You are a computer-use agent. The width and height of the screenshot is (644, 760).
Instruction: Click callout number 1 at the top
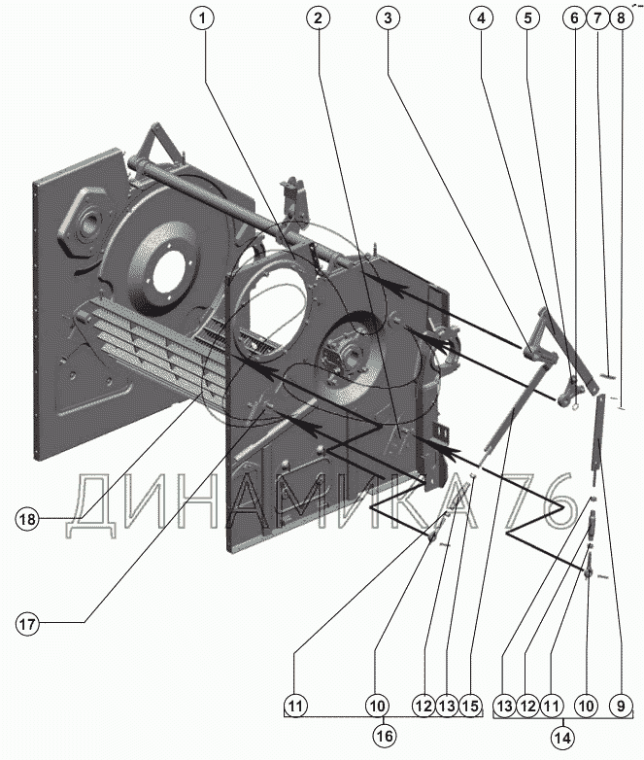click(x=203, y=18)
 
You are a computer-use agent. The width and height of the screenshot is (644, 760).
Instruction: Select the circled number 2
click(x=318, y=18)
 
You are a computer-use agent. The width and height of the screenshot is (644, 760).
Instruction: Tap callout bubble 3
click(x=388, y=18)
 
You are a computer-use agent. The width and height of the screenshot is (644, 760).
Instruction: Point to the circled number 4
click(x=481, y=18)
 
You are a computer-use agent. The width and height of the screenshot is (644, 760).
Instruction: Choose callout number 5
click(x=527, y=18)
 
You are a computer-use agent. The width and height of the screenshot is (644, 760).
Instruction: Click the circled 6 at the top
click(x=574, y=18)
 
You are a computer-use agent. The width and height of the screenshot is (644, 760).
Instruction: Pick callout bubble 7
click(x=597, y=18)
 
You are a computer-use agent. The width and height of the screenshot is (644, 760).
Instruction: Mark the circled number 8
click(x=622, y=18)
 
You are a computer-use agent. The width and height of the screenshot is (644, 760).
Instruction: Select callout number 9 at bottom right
click(x=622, y=706)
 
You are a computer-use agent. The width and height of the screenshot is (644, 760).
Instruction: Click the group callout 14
click(x=562, y=738)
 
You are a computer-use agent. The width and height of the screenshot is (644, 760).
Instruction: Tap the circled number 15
click(x=470, y=706)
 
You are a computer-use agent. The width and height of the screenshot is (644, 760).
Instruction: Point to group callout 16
click(x=385, y=736)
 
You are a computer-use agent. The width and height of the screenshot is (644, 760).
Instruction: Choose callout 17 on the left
click(x=27, y=624)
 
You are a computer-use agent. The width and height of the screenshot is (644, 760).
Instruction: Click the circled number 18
click(x=27, y=519)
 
